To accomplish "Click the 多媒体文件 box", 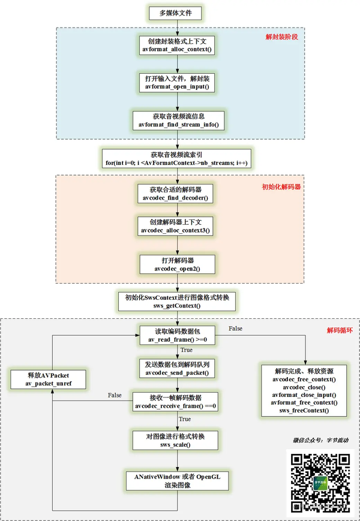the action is (176, 13).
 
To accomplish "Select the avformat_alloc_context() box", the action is (177, 45).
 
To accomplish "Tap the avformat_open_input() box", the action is (177, 82).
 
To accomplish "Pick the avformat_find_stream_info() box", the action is (179, 121).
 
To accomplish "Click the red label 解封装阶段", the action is (281, 37).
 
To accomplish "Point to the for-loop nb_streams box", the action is (176, 158).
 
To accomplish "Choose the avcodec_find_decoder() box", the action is (175, 194).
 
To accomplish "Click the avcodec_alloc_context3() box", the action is (175, 226).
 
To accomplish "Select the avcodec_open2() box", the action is (177, 264).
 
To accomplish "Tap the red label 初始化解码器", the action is (281, 186).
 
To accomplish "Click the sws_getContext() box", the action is (177, 302).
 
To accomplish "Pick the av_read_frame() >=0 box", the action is (177, 335).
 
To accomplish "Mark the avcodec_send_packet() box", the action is (177, 369).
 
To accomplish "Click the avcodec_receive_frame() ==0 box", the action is (175, 402).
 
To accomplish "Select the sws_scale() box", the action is (175, 440).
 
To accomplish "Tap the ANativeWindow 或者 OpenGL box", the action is (177, 481).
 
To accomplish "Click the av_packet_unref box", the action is (48, 380).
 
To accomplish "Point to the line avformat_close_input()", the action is (304, 395).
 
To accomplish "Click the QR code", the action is (320, 483).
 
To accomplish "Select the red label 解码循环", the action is (340, 330).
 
